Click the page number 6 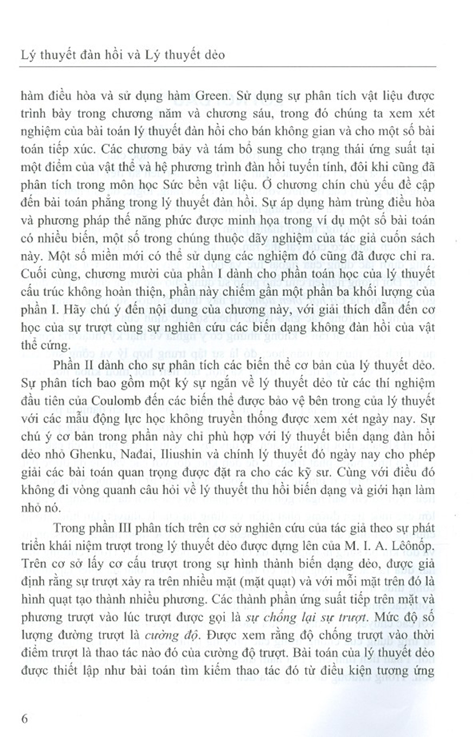[x=25, y=718]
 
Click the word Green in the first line [x=190, y=96]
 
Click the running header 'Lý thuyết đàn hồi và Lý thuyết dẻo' [x=123, y=55]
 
